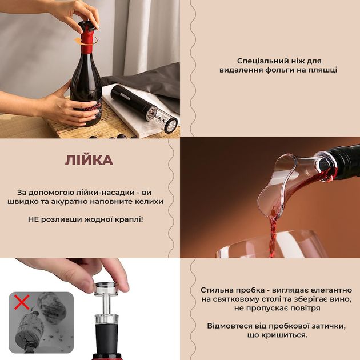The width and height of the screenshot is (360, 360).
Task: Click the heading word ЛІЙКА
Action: click(89, 160)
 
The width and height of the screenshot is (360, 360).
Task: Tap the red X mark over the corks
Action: click(22, 302)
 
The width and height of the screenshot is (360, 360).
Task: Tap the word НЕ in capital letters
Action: click(32, 219)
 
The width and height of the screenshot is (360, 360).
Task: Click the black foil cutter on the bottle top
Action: click(88, 26)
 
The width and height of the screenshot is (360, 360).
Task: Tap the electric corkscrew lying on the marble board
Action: click(144, 108)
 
